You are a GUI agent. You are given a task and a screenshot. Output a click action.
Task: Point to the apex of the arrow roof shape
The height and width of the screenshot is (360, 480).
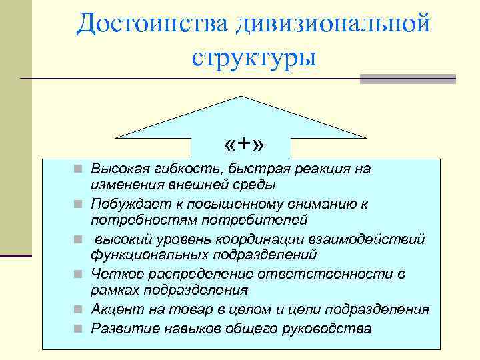[x=241, y=97]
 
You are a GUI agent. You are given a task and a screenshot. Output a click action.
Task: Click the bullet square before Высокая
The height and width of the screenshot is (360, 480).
[x=79, y=169]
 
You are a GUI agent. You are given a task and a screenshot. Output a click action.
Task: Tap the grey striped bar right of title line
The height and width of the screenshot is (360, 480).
[x=407, y=79]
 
